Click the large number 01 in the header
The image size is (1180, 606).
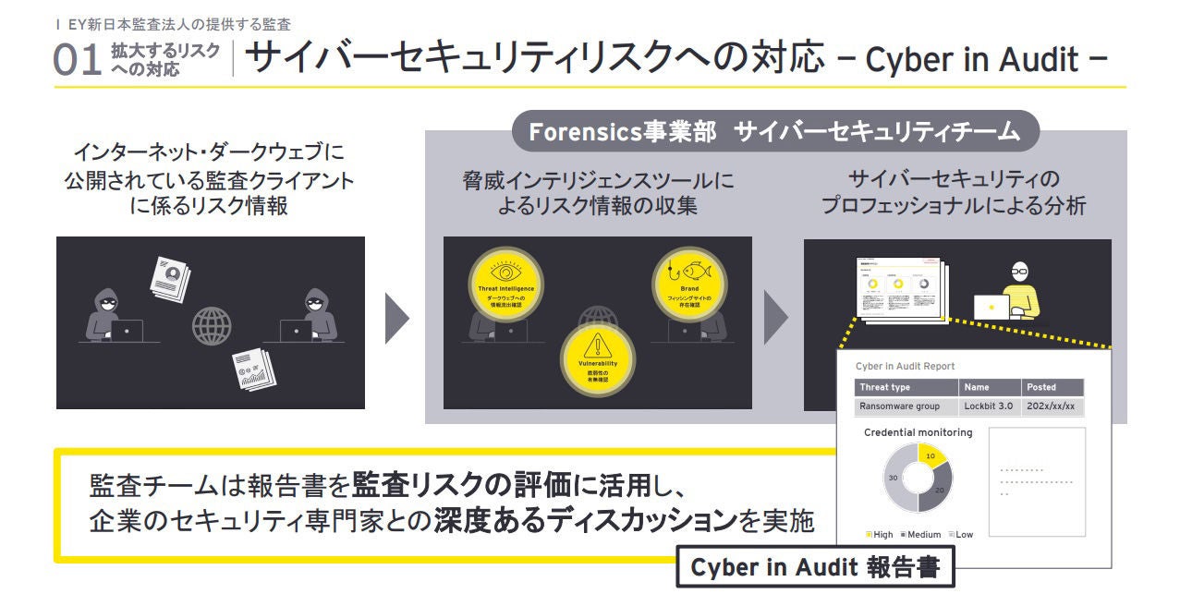pyautogui.click(x=79, y=58)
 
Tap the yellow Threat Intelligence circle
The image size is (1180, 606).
pyautogui.click(x=505, y=282)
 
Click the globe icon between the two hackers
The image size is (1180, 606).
pyautogui.click(x=212, y=325)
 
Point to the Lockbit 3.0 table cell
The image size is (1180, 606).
pyautogui.click(x=989, y=406)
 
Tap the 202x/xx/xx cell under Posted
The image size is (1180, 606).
pyautogui.click(x=1052, y=406)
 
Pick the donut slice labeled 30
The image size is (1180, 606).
pyautogui.click(x=894, y=479)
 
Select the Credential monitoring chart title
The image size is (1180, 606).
pyautogui.click(x=918, y=432)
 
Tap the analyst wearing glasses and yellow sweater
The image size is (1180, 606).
pyautogui.click(x=1019, y=291)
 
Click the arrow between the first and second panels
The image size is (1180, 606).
pyautogui.click(x=395, y=319)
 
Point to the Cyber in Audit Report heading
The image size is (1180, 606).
pyautogui.click(x=905, y=366)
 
